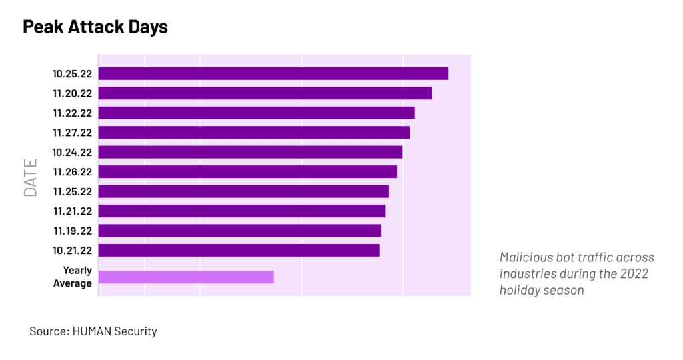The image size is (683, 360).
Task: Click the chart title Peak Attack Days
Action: tap(95, 27)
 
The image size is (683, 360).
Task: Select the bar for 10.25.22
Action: tap(273, 73)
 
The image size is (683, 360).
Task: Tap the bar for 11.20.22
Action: tap(265, 93)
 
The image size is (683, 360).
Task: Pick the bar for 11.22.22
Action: tap(257, 113)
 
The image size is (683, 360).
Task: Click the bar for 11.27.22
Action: tap(254, 133)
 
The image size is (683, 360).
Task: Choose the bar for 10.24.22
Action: tap(251, 152)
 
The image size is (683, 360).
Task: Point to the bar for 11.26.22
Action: tap(248, 172)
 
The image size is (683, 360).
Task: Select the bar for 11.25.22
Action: tap(244, 191)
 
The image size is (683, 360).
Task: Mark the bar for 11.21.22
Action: tap(242, 211)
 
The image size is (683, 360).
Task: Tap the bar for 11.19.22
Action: tap(240, 231)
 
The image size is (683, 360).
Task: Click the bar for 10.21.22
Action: tap(239, 251)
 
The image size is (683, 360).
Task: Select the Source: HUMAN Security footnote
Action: tap(93, 331)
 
